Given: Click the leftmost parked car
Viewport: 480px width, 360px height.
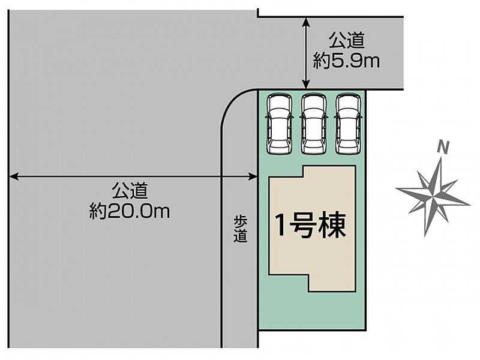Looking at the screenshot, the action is point(279,124).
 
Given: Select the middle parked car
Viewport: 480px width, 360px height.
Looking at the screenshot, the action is point(313,124).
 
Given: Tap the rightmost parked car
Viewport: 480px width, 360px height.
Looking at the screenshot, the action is point(348,124).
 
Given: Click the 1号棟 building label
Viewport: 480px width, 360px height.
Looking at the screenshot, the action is point(310,226).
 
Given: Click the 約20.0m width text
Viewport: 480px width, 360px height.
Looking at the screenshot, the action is point(130,211).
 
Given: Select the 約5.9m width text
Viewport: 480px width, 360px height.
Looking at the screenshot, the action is point(346,61).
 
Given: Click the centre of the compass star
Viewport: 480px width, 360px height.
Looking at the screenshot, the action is point(434,195).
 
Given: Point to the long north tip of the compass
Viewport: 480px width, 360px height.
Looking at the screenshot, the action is point(441,157).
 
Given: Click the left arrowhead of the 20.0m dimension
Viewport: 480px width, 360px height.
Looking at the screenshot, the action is point(14,176).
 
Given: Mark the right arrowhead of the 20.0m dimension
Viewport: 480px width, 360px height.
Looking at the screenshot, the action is point(253,176).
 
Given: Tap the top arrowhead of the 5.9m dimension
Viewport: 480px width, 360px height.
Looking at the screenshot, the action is point(306,22).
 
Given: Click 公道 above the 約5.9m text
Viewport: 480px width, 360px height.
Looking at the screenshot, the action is point(347,40).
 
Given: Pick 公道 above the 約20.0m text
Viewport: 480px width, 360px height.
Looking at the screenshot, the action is point(130,191).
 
